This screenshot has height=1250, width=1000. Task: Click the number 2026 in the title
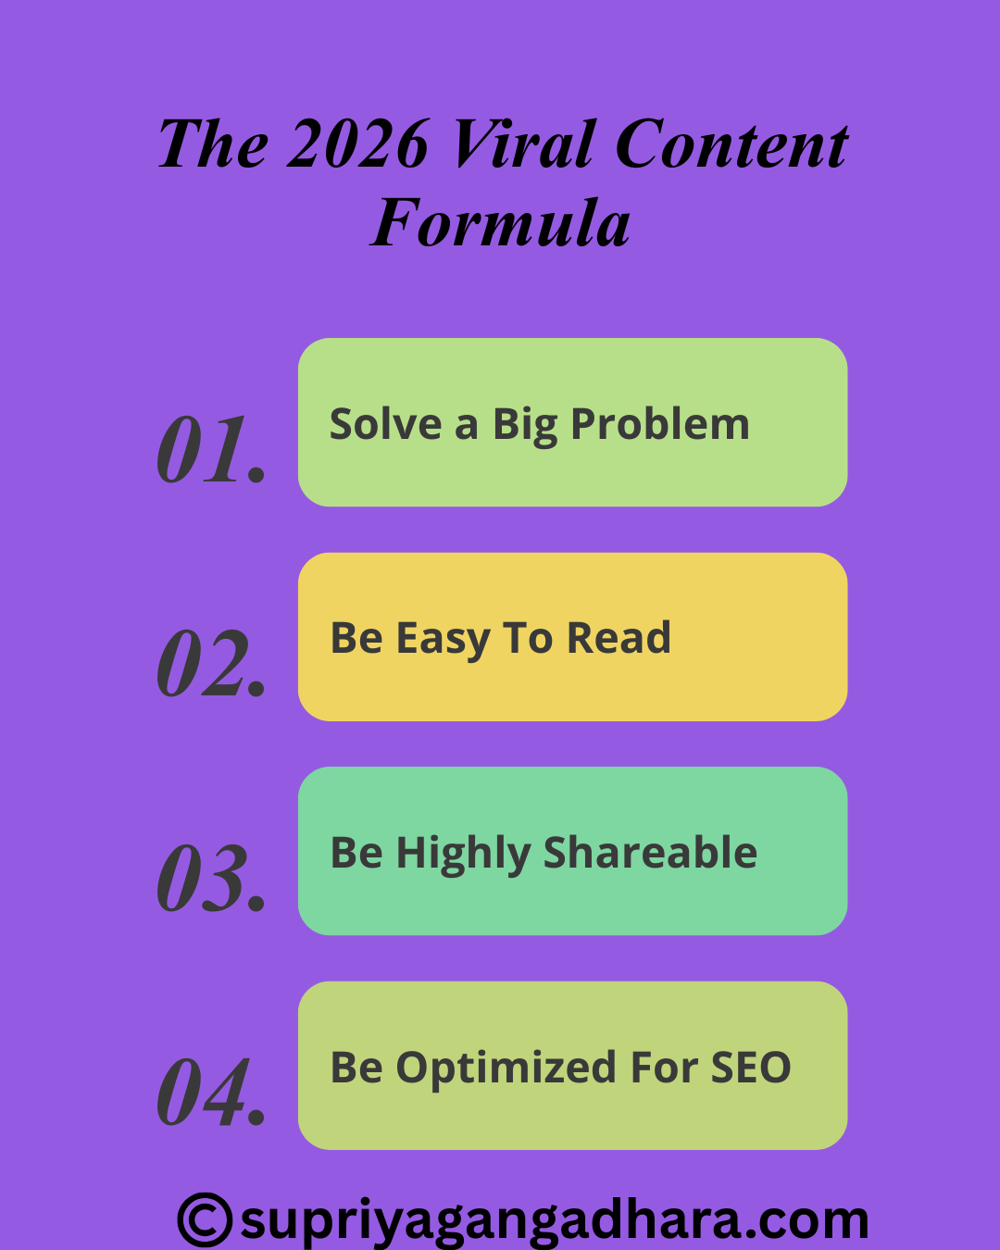[358, 144]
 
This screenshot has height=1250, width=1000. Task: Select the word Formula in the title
[500, 222]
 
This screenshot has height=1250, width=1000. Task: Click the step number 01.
[211, 449]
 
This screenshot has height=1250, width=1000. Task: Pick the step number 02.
[211, 663]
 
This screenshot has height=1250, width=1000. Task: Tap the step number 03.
[211, 877]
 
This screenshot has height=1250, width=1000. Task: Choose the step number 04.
[211, 1092]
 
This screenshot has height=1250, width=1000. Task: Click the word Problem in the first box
[660, 425]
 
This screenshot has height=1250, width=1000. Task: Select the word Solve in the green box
[386, 424]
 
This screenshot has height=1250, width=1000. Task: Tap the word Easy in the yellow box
[444, 640]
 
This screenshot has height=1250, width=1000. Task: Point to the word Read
[619, 638]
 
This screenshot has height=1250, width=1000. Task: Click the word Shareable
[650, 852]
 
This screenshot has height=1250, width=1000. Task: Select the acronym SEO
[751, 1067]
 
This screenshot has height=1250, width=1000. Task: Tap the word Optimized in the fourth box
[506, 1069]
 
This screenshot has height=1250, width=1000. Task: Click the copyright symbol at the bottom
[206, 1219]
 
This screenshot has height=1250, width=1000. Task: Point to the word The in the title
[213, 144]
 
